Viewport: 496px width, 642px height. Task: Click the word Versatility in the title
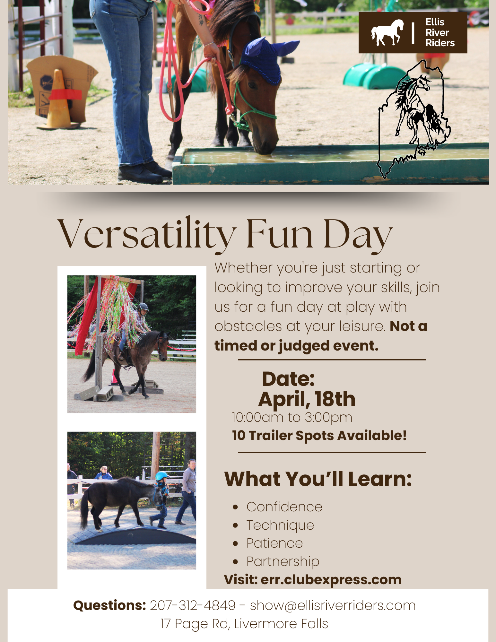tap(146, 234)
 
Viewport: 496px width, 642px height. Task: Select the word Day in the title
tap(358, 234)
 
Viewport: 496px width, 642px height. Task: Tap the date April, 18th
tap(307, 399)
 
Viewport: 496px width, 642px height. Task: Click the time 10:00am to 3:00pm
tap(292, 418)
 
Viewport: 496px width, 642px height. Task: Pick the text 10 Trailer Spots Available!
tap(319, 436)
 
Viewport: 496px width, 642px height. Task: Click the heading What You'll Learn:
tap(318, 479)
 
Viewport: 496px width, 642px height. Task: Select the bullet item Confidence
tap(284, 507)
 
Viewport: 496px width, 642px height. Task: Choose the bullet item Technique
tap(280, 525)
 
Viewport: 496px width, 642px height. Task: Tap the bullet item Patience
tap(274, 543)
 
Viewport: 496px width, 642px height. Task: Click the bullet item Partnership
tap(283, 561)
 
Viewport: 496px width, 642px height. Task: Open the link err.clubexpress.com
tap(331, 580)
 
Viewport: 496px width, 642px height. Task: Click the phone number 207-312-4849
tap(193, 605)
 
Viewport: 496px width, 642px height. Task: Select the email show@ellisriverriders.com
tap(333, 605)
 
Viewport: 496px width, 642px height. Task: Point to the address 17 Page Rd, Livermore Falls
tap(244, 624)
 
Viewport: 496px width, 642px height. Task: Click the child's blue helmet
tap(161, 476)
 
